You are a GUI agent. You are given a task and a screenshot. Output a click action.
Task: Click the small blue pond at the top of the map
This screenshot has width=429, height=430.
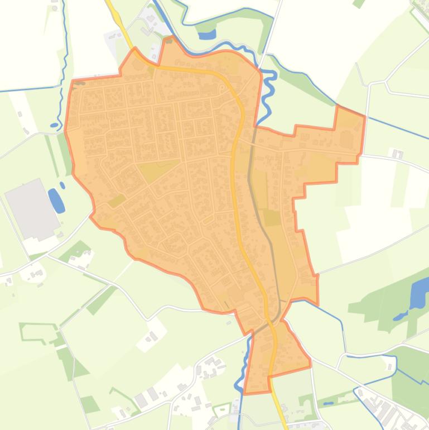pos(207,35)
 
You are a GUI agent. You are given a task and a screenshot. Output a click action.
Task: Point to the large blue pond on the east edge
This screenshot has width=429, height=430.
pos(418,294)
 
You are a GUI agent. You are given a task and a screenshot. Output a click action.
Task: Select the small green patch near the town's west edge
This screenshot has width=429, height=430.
pos(117,200)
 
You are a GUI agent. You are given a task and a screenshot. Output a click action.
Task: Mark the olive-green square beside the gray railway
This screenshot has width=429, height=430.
pos(272,217)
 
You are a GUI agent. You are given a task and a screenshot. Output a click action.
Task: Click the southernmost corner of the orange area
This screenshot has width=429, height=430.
pos(245,393)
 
